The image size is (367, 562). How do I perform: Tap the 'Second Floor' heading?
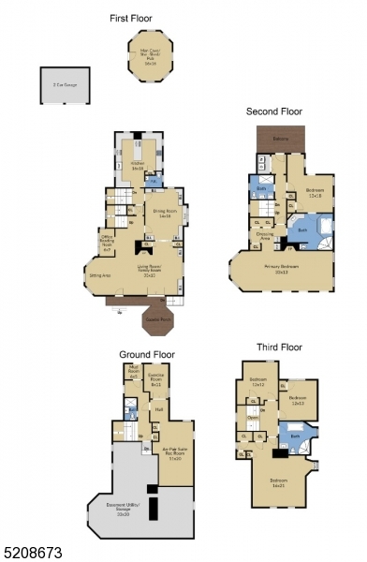tap(274, 111)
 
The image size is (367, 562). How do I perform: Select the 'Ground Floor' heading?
tap(146, 354)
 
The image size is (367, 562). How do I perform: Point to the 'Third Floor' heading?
tap(280, 347)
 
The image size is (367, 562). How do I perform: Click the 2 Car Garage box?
tap(60, 85)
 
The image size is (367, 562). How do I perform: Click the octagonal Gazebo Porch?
tap(157, 320)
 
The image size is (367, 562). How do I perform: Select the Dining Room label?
tap(163, 213)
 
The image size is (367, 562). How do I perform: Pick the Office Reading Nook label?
tap(107, 243)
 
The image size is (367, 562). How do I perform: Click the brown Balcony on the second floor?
tap(280, 139)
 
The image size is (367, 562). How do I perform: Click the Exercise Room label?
tap(155, 381)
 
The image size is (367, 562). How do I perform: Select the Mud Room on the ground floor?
tap(134, 375)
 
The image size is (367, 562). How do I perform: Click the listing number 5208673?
tap(32, 554)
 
